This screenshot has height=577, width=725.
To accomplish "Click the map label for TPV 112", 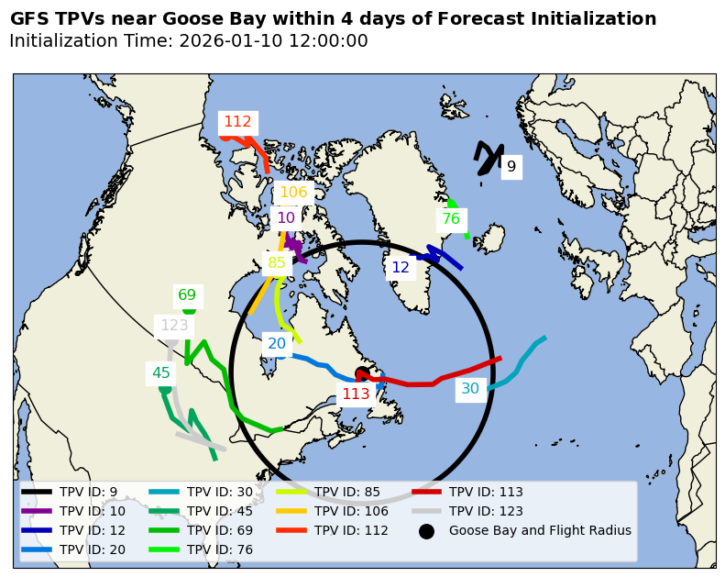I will pos(237,122).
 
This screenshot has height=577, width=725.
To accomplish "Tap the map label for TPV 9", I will pos(511,167).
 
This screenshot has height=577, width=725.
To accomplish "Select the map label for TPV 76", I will pos(451,219).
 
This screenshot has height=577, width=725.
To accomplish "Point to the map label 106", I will pos(293,193).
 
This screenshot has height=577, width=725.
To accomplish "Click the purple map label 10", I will pos(286,218).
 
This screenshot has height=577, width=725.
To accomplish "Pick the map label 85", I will pos(277,263).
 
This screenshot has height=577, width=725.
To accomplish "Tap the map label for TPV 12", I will pos(401,268).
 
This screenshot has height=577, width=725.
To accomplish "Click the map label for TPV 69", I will pos(187,295).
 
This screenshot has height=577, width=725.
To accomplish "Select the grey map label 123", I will pos(174,326).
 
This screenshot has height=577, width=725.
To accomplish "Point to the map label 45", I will pos(161,373).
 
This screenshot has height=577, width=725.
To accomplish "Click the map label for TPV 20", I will pos(277,344).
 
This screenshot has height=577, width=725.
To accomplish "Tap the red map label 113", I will pos(356,394).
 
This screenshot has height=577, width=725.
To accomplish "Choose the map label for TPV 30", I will pos(470,389).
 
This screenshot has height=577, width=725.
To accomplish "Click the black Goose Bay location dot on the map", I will pos(362,373).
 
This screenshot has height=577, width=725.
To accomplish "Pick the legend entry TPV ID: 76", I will pos(220,549).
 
